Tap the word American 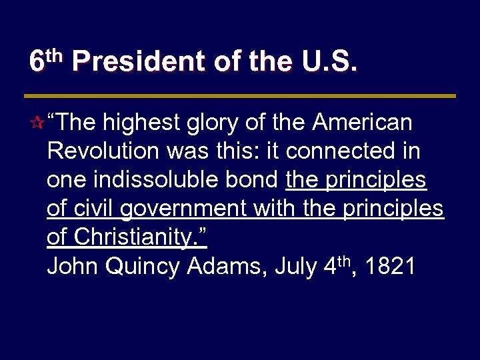coord(363,123)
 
